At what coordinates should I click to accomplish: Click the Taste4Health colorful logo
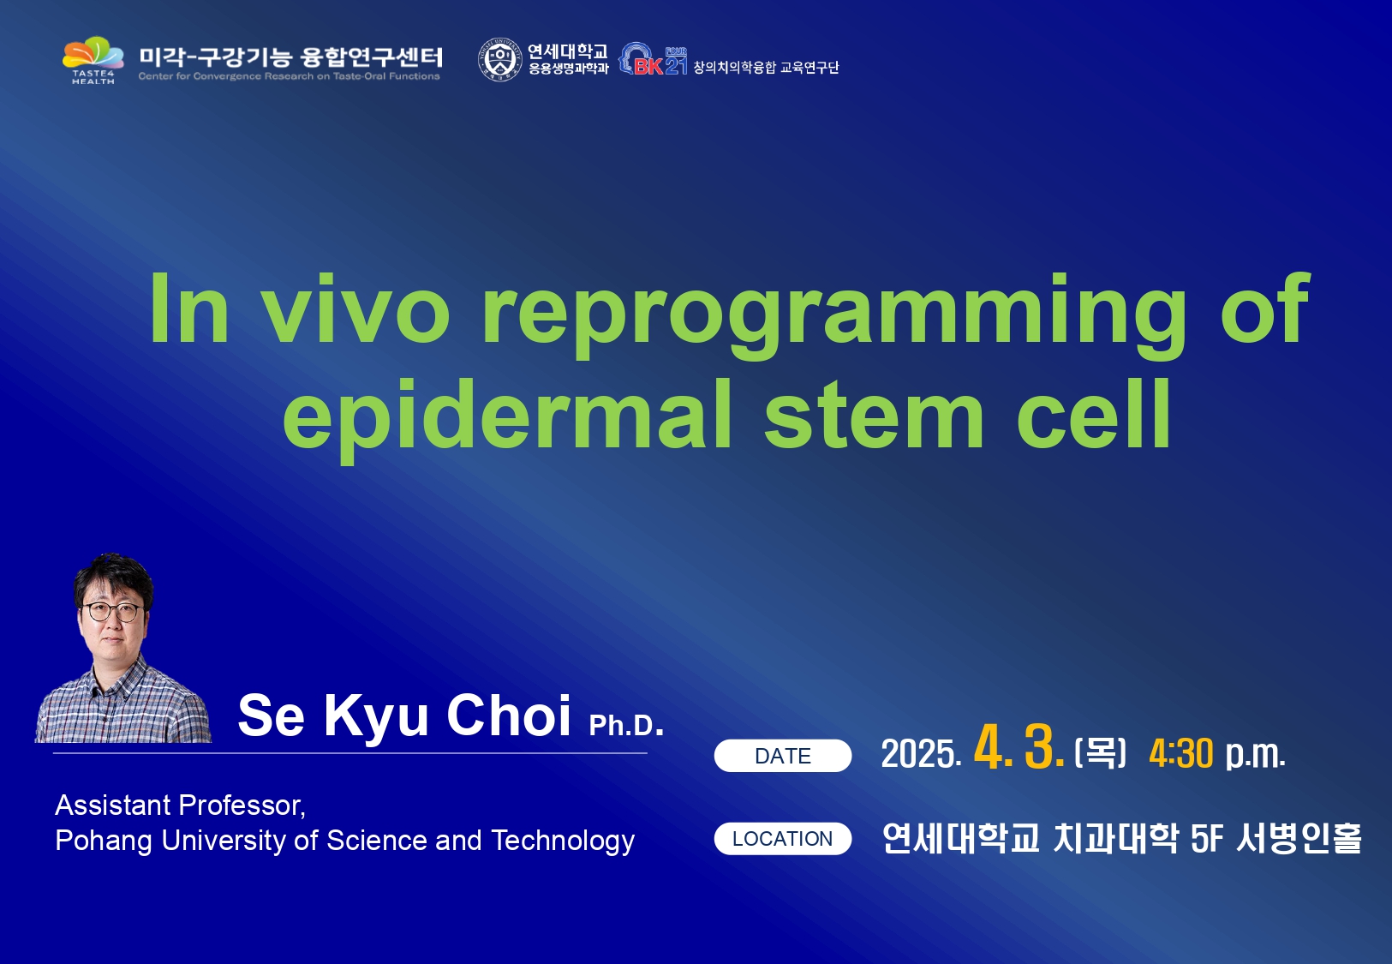(x=93, y=60)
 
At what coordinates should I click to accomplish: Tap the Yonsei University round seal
(x=499, y=60)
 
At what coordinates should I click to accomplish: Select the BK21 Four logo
(x=653, y=59)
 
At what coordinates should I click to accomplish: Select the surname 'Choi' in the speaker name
(x=508, y=716)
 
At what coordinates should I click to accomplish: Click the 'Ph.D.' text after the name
(x=626, y=725)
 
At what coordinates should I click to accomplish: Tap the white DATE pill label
(x=783, y=756)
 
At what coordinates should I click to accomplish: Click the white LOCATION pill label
(x=783, y=838)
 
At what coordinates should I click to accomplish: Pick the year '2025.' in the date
(x=922, y=754)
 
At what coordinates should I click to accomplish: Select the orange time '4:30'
(x=1180, y=754)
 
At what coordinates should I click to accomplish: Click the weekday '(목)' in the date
(x=1100, y=752)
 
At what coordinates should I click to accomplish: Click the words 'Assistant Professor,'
(x=180, y=805)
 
